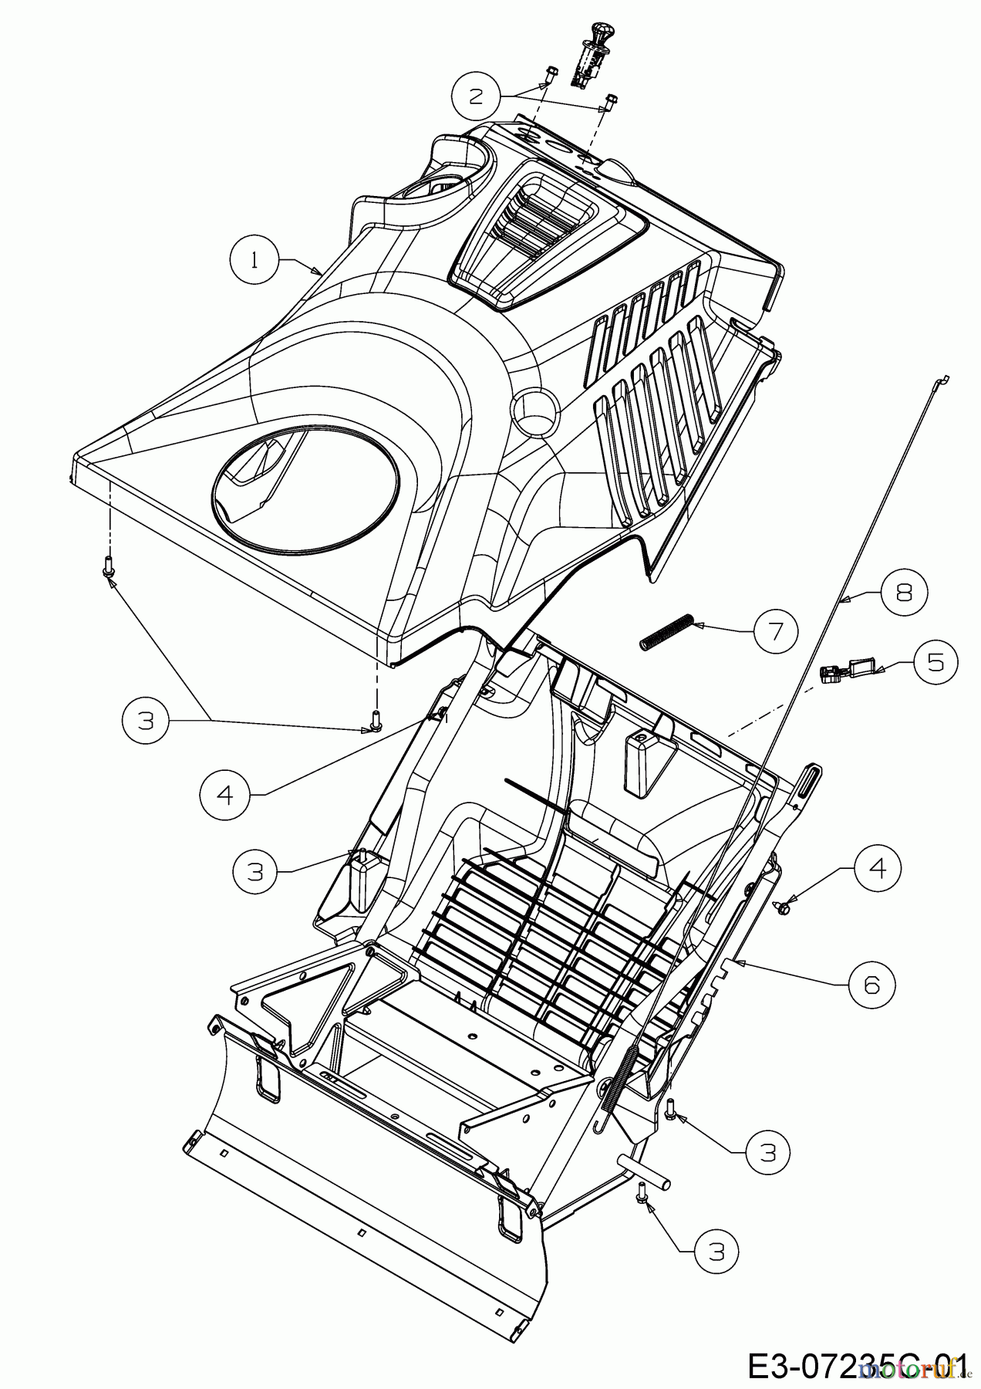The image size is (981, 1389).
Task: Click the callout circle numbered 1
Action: [254, 261]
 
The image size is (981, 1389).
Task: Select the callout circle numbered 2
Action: [476, 96]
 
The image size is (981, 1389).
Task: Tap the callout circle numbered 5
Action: [935, 662]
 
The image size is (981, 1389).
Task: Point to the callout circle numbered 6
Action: [872, 984]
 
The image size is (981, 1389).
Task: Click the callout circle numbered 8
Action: [904, 593]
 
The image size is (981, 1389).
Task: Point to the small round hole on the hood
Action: [533, 403]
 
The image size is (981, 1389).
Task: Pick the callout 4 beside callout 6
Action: [877, 869]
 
